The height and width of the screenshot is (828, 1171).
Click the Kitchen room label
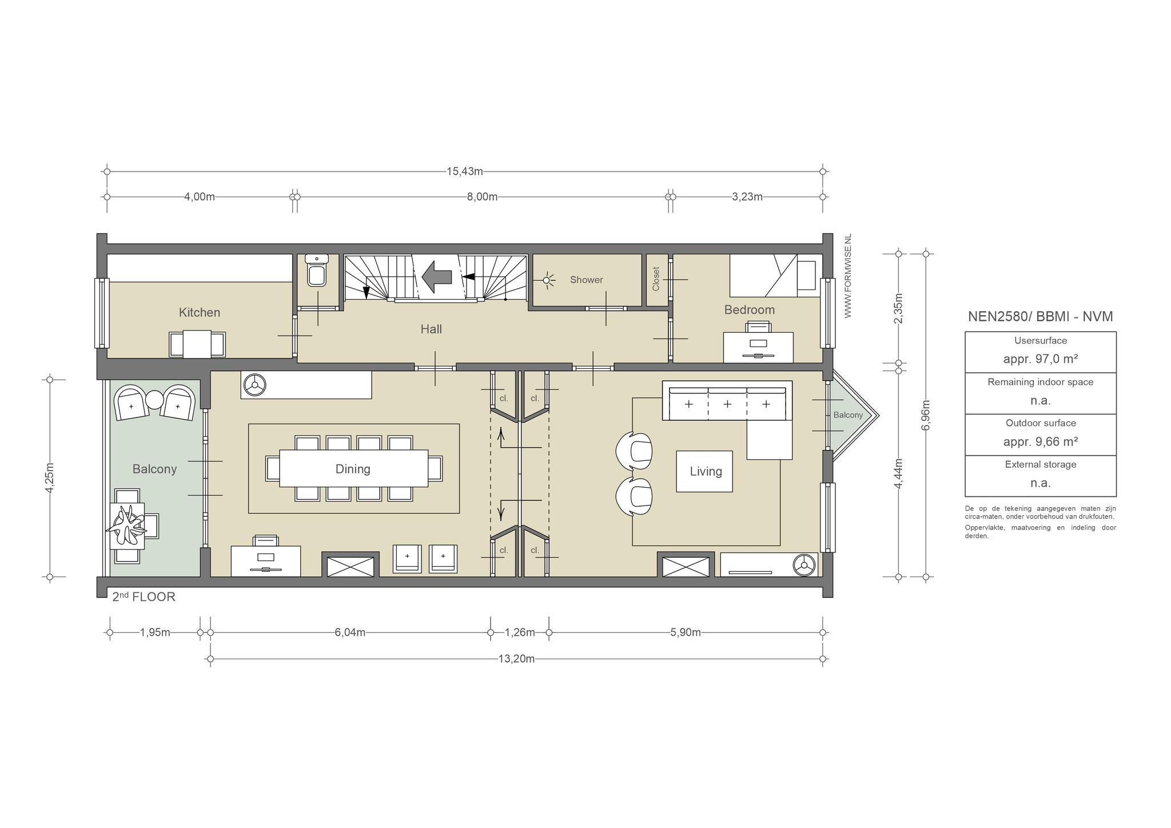coord(200,312)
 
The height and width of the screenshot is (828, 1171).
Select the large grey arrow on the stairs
coord(437,277)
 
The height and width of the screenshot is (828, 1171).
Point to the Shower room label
coord(586,280)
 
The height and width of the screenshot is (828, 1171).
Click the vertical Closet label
coord(656,278)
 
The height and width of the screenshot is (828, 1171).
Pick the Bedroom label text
coord(750,310)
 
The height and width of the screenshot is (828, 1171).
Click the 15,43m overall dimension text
coord(465,171)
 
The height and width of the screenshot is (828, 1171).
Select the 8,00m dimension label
coord(482,197)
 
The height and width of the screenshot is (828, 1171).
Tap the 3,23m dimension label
coord(747,197)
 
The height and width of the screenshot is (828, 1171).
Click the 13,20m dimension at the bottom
coord(516,659)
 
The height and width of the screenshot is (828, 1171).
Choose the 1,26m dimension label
coord(520,632)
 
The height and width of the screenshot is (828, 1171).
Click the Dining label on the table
coord(353,469)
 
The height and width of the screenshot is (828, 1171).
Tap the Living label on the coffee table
coord(706,471)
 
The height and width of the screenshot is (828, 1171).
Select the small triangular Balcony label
coord(848,415)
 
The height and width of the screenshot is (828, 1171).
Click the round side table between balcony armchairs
coord(154,399)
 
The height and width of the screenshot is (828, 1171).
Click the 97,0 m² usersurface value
coord(1041,359)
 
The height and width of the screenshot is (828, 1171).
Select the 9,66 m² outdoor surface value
coord(1041,441)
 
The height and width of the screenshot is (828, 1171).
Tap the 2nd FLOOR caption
coord(144,596)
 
